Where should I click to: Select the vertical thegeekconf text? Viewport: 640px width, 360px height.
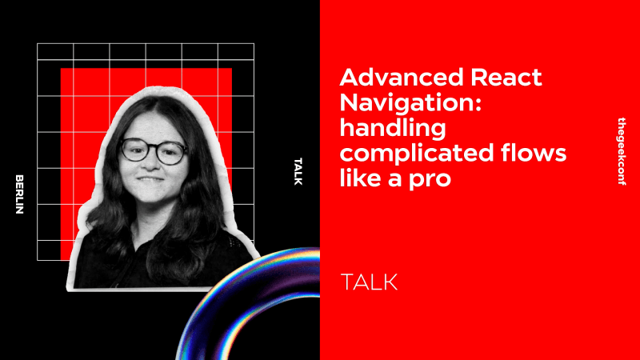pos(623,152)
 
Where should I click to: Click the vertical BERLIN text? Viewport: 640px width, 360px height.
pos(20,194)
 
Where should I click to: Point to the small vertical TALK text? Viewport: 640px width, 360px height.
pos(298,171)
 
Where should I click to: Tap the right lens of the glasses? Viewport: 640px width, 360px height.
pos(170,152)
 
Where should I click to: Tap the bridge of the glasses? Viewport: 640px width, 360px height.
pos(153,149)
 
